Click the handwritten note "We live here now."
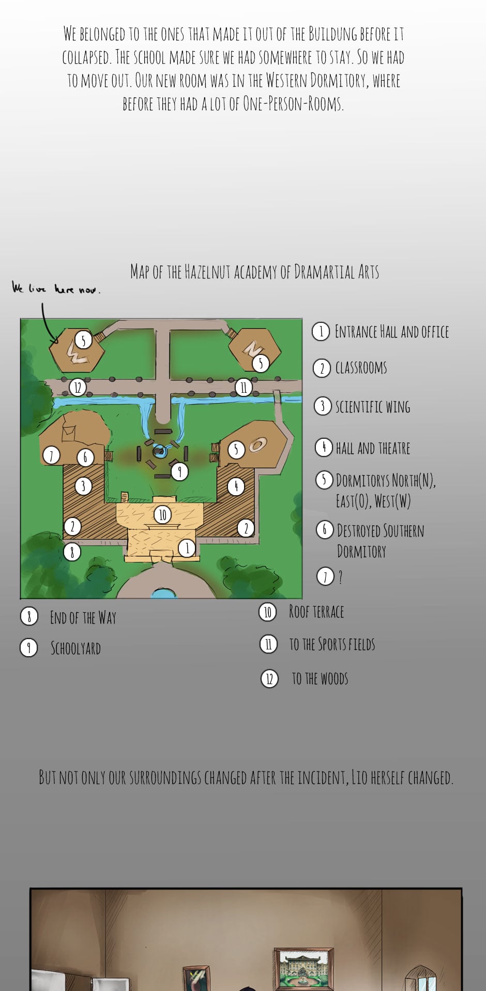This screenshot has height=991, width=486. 56,288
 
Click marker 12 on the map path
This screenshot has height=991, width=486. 78,387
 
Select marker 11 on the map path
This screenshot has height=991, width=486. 244,387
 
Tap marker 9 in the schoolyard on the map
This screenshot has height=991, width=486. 179,471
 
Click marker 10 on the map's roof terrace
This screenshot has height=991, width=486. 162,514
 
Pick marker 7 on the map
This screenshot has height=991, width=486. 51,456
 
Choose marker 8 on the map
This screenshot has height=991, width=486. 72,552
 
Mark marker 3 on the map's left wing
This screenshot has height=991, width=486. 83,486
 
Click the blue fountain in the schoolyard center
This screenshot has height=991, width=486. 159,451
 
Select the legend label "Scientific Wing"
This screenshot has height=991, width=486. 373,407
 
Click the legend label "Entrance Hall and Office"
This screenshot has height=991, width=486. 392,331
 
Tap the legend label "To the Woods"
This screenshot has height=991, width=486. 320,678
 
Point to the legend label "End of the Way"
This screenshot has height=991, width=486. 83,617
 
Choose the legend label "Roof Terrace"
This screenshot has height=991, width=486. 316,612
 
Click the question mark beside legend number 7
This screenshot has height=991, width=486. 340,577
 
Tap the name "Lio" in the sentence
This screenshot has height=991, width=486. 359,777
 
